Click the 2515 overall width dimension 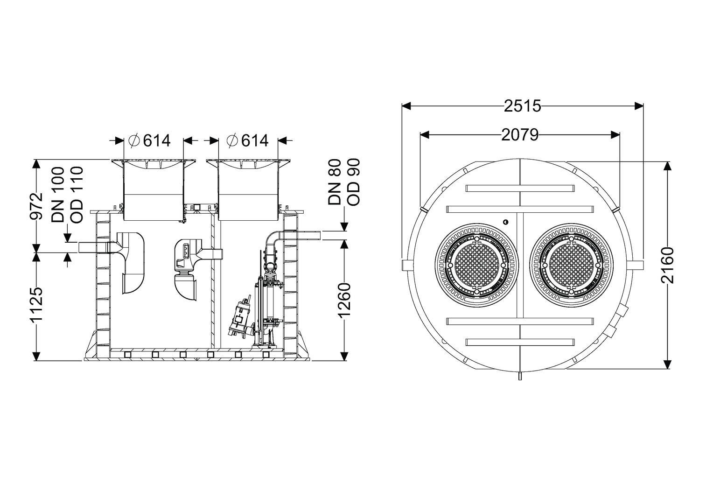(522, 106)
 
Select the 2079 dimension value (520, 135)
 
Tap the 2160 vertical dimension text (667, 265)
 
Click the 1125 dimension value (36, 305)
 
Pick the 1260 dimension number (344, 300)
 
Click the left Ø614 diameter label (150, 140)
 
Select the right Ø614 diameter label (247, 140)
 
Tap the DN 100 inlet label (58, 195)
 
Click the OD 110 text (77, 195)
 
